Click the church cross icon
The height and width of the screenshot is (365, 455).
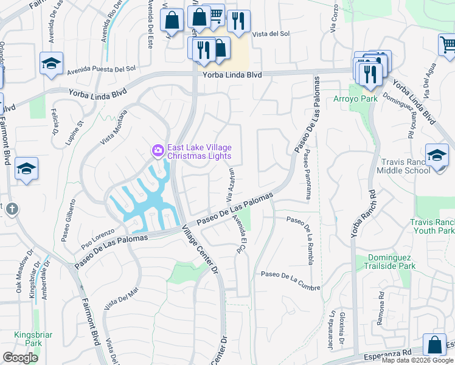(12, 209)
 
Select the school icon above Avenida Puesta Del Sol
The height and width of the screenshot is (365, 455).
(51, 63)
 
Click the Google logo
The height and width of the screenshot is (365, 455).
(21, 358)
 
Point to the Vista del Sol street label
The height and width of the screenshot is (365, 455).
(271, 34)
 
